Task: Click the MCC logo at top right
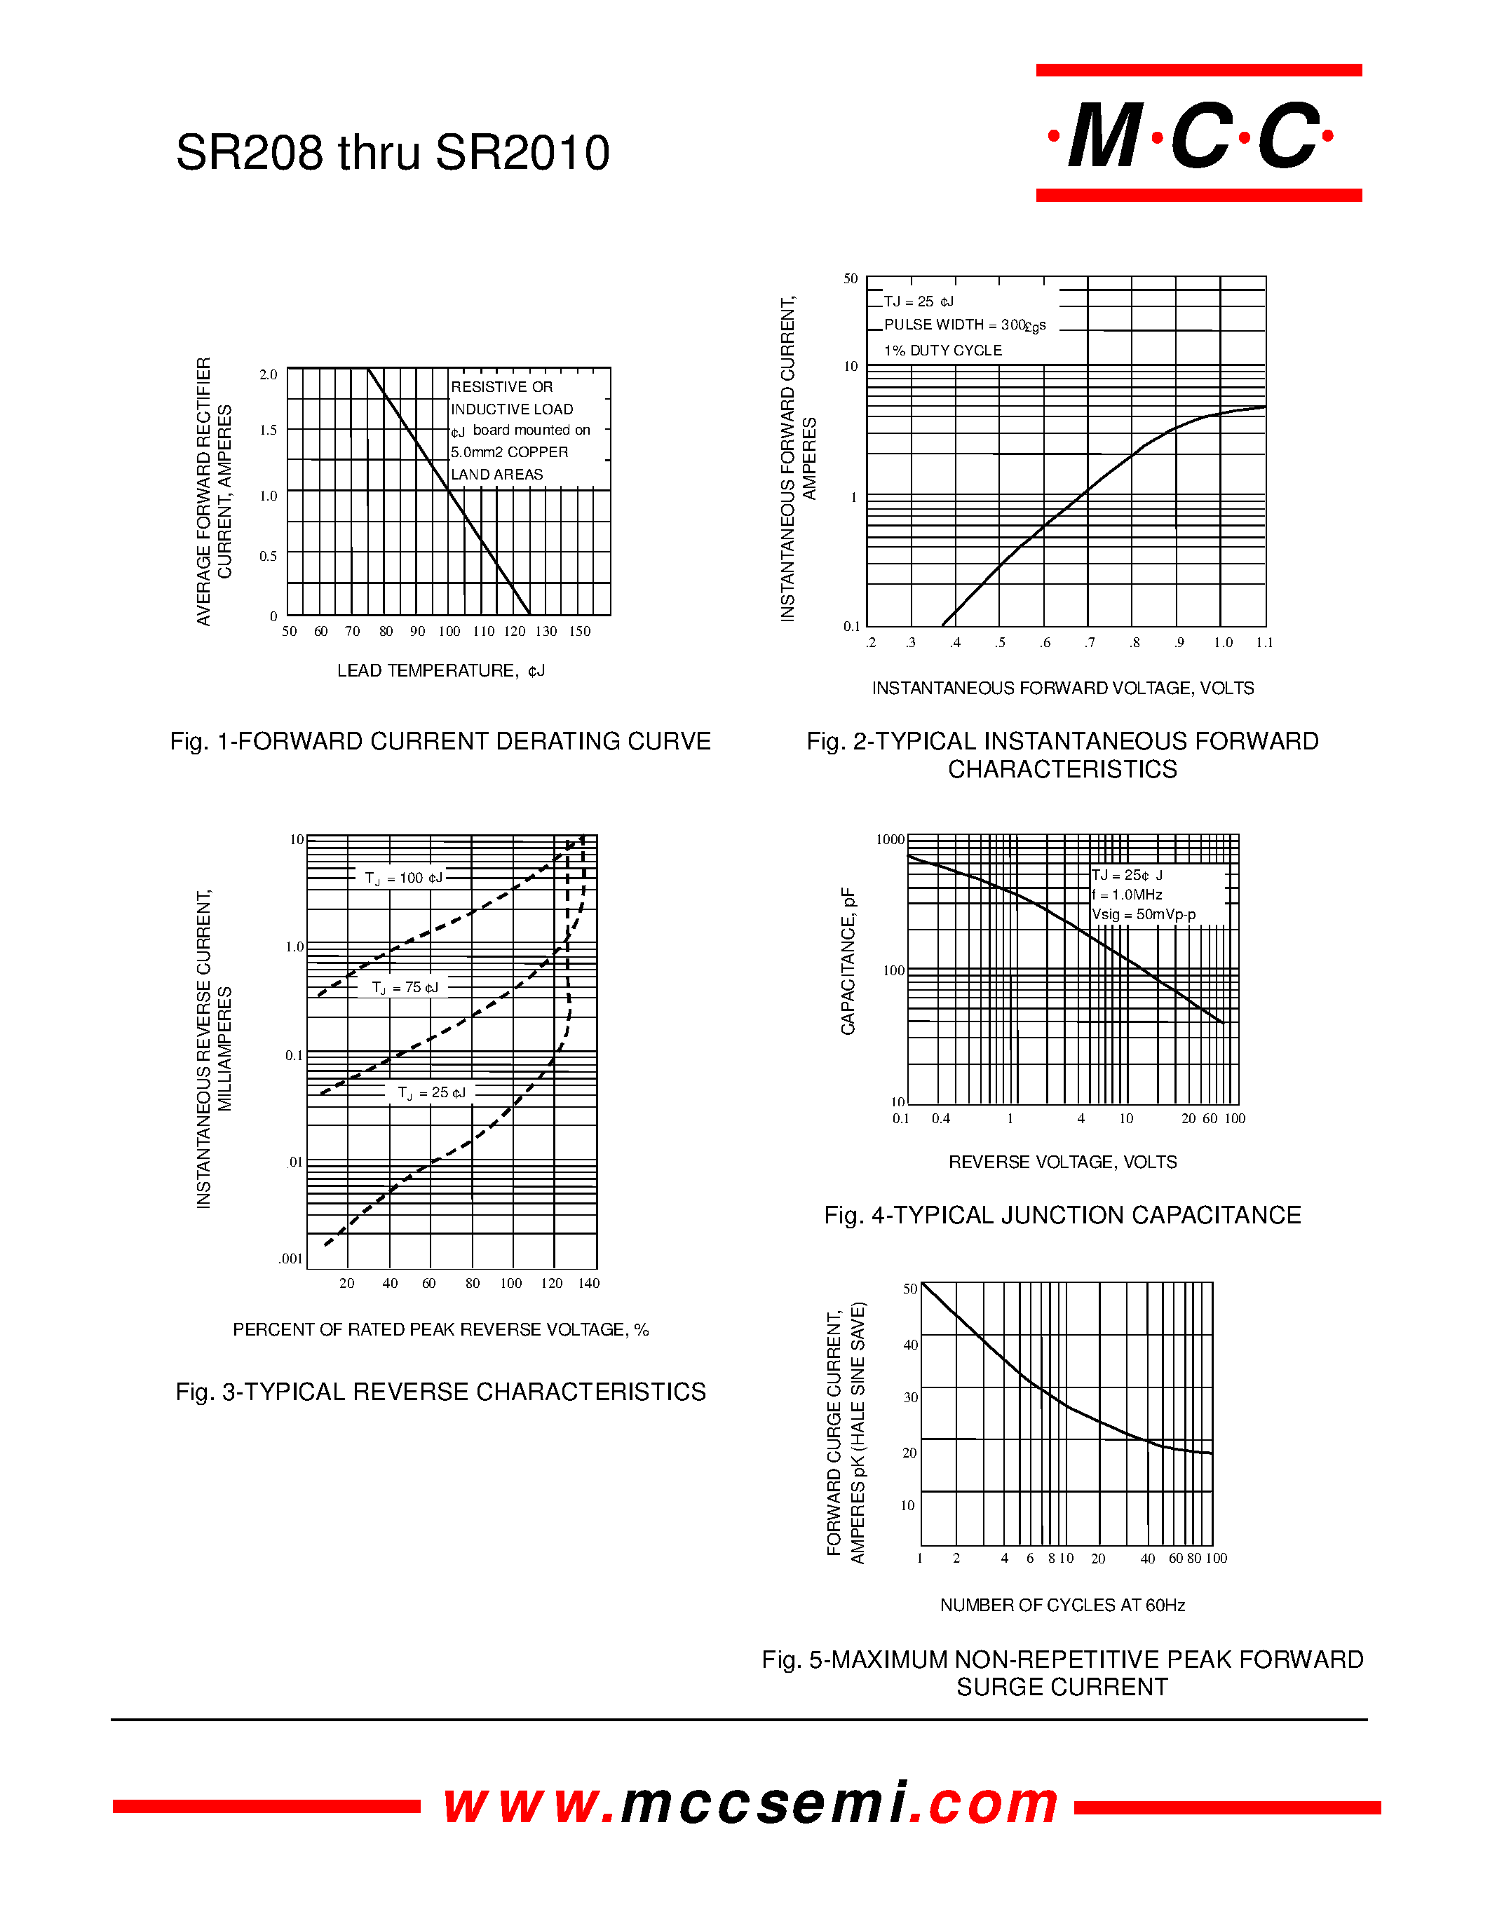tap(1199, 133)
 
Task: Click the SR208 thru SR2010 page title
tap(393, 152)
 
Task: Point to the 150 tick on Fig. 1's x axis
tap(579, 631)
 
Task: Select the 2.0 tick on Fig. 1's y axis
tap(269, 374)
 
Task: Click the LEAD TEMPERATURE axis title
tap(441, 671)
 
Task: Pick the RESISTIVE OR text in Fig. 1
tap(501, 387)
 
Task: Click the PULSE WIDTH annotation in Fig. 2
tap(965, 326)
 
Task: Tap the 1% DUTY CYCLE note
tap(942, 351)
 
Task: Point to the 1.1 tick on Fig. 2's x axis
tap(1265, 643)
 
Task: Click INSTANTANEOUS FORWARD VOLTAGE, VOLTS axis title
tap(1063, 688)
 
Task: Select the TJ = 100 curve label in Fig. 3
tap(403, 878)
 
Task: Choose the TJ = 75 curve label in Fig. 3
tap(405, 988)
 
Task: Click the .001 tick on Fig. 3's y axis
tap(290, 1259)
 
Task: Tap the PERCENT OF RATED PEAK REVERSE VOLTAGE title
tap(440, 1329)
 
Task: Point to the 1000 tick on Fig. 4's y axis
tap(890, 839)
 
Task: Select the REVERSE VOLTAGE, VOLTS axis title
tap(1063, 1162)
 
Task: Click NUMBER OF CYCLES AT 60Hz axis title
tap(1063, 1605)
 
